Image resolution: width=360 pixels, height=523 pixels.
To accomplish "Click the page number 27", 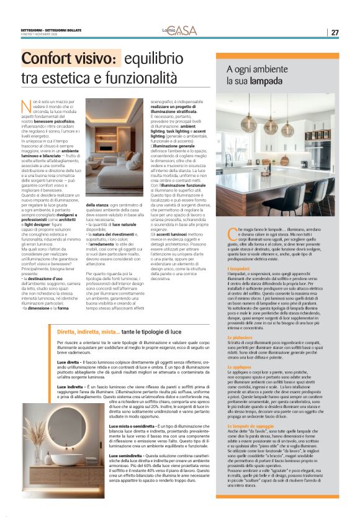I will point(335,32).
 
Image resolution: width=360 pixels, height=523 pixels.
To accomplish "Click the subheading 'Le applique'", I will point(240,367).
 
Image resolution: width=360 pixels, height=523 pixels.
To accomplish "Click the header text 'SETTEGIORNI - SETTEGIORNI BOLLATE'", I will point(47,30).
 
